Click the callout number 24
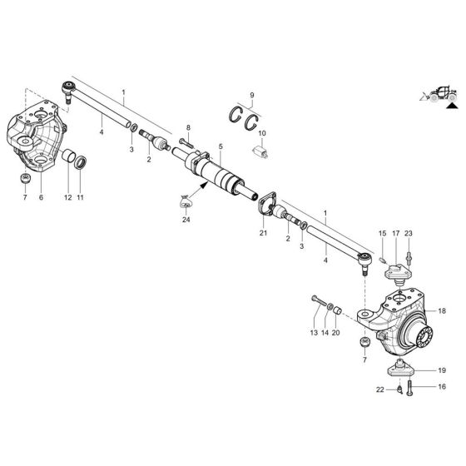pos(186,220)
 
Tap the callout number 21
pos(263,235)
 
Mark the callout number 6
pos(41,197)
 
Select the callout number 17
pos(396,235)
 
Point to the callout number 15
pos(382,235)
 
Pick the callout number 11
pos(81,197)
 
